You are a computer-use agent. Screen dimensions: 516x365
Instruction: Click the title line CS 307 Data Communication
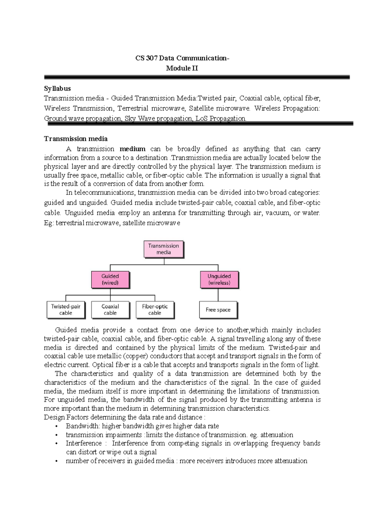[182, 58]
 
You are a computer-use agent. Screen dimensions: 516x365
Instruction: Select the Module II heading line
[182, 68]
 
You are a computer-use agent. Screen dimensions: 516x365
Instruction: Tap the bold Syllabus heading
[57, 88]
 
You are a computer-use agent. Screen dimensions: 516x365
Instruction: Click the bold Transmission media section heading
[76, 139]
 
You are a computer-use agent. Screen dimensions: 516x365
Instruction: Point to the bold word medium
[132, 149]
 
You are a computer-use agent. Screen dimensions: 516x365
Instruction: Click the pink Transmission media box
[164, 249]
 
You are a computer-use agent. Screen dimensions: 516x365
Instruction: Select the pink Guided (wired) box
[110, 279]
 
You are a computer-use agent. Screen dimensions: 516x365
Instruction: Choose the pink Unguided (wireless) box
[219, 279]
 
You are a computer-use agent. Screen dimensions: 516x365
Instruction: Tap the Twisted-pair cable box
[66, 310]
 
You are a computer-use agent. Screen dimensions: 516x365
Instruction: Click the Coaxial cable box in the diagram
[110, 310]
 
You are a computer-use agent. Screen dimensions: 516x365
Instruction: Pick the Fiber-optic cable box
[155, 310]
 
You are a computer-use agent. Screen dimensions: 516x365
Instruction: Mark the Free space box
[218, 310]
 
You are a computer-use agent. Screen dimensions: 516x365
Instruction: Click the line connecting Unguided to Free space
[218, 295]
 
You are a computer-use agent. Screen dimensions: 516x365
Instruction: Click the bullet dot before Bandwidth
[56, 426]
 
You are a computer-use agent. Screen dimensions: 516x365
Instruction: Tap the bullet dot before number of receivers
[56, 461]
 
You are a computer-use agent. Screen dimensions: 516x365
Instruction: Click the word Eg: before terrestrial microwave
[49, 223]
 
